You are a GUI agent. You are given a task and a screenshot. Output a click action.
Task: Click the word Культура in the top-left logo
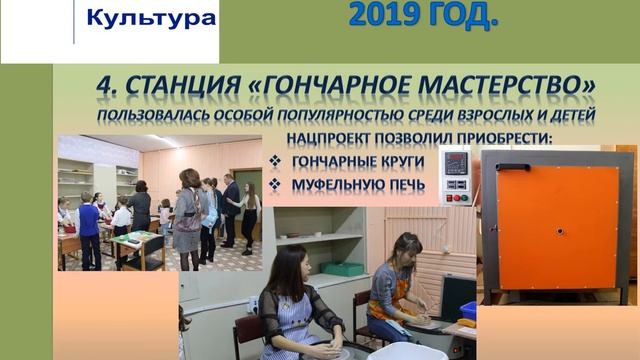(x=151, y=19)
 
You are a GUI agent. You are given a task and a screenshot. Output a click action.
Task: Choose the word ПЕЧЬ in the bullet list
(x=406, y=184)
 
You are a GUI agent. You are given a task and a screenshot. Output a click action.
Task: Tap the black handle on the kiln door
(x=511, y=167)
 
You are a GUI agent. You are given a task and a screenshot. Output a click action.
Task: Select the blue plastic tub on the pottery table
(x=468, y=311)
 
